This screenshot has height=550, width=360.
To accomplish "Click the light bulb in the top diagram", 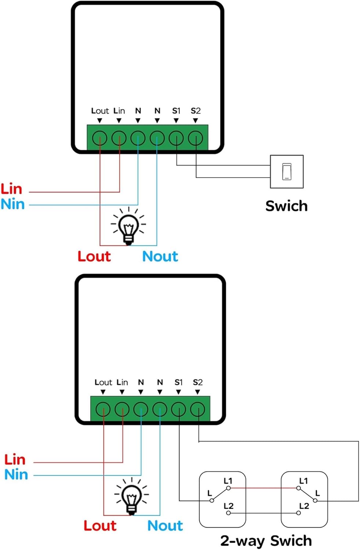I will click(x=128, y=226).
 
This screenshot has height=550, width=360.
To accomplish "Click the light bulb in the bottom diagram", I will click(x=132, y=496).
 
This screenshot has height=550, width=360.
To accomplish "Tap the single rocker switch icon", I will click(x=287, y=172).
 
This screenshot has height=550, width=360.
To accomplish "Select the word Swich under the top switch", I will click(x=286, y=206).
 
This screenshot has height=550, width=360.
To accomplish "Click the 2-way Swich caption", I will click(x=266, y=541).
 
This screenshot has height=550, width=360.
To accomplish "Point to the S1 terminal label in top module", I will click(x=176, y=111).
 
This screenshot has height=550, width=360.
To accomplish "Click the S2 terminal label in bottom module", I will click(x=197, y=382).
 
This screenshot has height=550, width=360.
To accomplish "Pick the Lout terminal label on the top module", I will click(x=100, y=111).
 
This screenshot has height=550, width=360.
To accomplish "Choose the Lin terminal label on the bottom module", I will click(x=122, y=382).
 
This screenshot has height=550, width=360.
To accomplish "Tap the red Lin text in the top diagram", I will click(x=11, y=189).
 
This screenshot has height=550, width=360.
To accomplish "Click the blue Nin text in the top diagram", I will click(x=12, y=204).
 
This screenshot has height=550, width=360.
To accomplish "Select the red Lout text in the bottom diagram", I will click(x=100, y=526).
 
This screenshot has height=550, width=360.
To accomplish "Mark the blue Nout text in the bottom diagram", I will click(x=165, y=526).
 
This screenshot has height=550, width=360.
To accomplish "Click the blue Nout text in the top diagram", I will click(x=160, y=256).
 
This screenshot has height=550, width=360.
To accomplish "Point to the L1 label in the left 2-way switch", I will click(x=228, y=481).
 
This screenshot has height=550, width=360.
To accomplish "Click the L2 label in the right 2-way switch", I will click(x=304, y=506).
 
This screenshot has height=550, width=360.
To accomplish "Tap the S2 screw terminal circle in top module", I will click(x=195, y=138).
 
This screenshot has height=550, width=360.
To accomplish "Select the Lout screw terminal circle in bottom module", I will click(x=103, y=409).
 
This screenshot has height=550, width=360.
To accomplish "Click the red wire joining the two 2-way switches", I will click(x=263, y=488).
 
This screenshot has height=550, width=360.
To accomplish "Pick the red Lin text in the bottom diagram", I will click(x=15, y=460).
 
